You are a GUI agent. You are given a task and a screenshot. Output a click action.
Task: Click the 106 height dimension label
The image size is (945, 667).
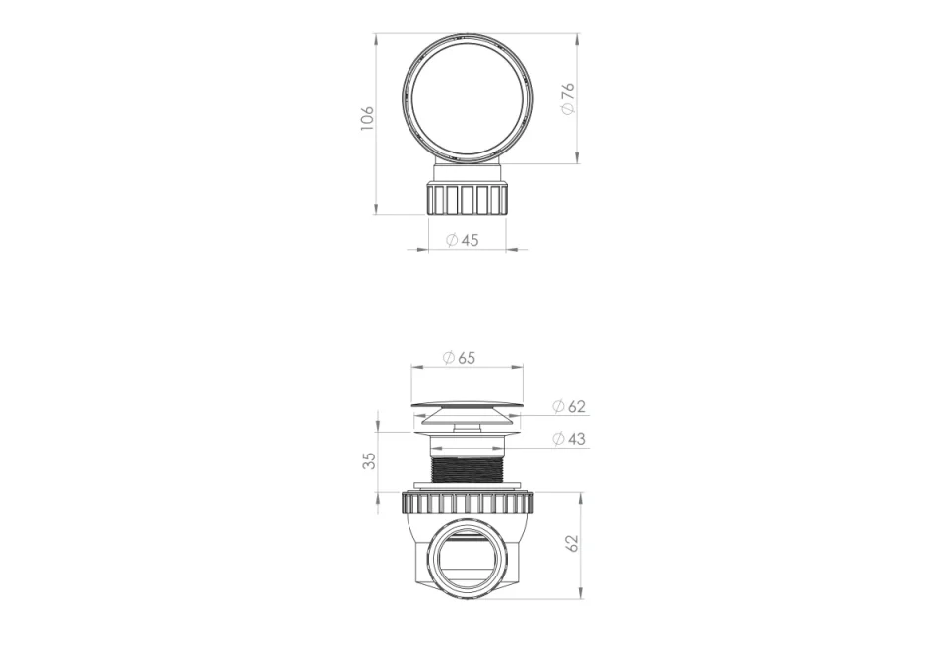(x=367, y=118)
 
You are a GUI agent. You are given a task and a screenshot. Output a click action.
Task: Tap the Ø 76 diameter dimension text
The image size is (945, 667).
(x=568, y=98)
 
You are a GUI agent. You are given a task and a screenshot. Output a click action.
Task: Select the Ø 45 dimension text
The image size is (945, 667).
(x=463, y=240)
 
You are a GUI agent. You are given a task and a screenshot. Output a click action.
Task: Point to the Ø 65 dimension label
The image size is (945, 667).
(x=460, y=358)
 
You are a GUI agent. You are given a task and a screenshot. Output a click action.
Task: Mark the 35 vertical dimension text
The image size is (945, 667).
(x=369, y=460)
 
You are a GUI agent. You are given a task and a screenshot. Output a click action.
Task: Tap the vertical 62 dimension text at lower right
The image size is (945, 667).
(x=572, y=543)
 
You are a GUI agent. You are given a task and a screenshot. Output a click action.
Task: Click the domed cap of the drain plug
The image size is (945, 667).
(x=468, y=404)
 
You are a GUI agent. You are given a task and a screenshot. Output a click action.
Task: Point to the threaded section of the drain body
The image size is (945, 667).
(x=468, y=468)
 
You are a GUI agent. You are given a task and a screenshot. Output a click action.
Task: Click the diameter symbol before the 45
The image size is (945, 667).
(x=452, y=240)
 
